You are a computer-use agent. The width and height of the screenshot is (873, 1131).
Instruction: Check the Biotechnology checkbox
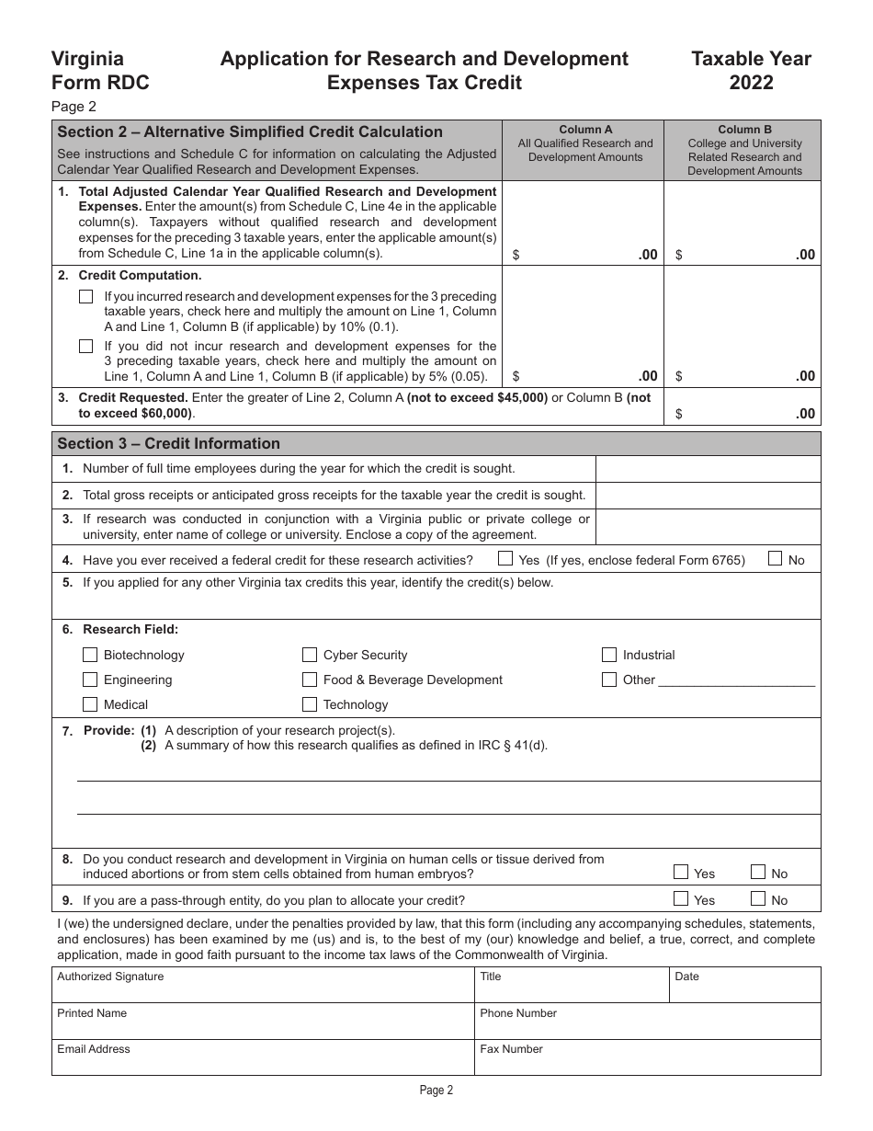pyautogui.click(x=90, y=655)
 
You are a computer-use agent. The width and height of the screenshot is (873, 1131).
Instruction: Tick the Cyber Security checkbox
pyautogui.click(x=310, y=655)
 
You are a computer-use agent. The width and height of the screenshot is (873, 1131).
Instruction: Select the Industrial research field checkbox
pyautogui.click(x=609, y=655)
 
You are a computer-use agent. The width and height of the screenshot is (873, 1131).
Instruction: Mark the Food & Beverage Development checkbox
pyautogui.click(x=310, y=680)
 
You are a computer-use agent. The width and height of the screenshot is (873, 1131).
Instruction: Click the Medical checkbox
pyautogui.click(x=90, y=704)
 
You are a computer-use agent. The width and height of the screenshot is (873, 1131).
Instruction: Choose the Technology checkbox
pyautogui.click(x=310, y=704)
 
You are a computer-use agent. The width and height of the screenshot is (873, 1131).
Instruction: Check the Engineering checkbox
pyautogui.click(x=90, y=680)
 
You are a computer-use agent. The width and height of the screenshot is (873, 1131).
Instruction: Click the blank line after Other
pyautogui.click(x=737, y=680)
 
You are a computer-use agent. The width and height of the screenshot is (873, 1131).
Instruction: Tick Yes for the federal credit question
pyautogui.click(x=505, y=558)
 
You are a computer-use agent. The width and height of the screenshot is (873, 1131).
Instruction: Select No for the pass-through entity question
pyautogui.click(x=758, y=898)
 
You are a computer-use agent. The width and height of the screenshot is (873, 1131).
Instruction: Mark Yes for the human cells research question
pyautogui.click(x=681, y=872)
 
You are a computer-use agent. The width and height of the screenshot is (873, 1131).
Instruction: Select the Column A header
pyautogui.click(x=584, y=130)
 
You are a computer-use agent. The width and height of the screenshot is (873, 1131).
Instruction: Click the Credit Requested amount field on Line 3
pyautogui.click(x=742, y=413)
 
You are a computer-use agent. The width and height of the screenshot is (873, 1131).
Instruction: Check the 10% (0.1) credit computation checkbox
pyautogui.click(x=86, y=297)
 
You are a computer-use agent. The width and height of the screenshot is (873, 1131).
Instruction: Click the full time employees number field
pyautogui.click(x=708, y=469)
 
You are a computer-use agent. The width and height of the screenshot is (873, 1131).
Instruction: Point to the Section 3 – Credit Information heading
pyautogui.click(x=169, y=443)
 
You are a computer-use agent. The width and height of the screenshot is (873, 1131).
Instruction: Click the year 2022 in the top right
pyautogui.click(x=751, y=83)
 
